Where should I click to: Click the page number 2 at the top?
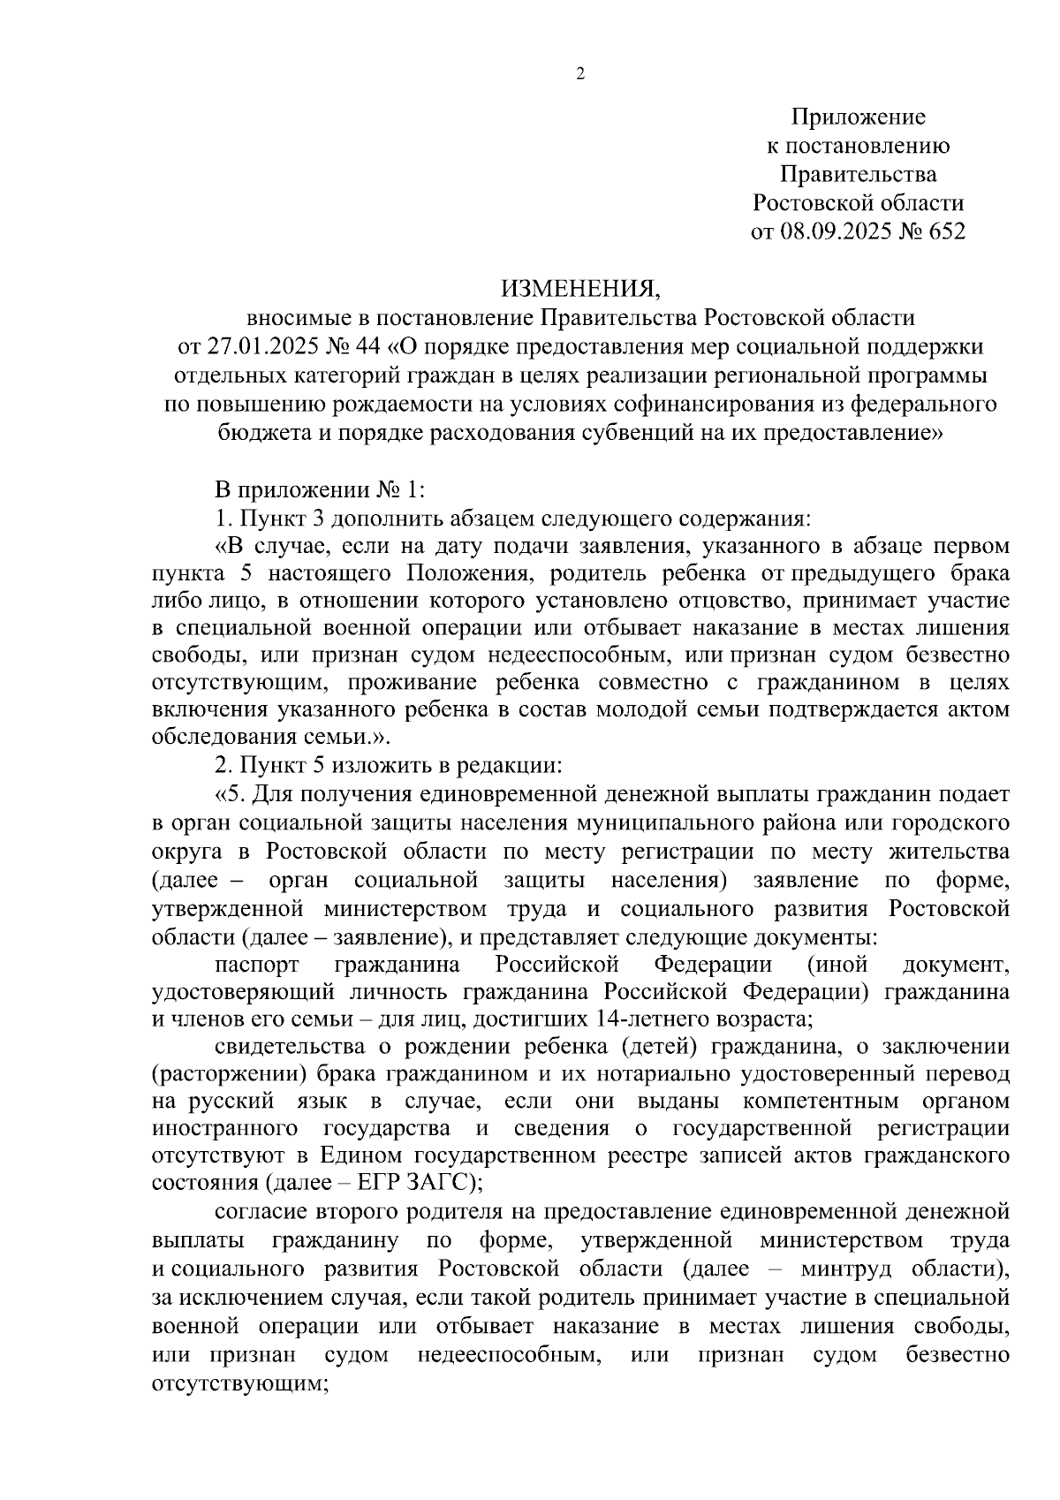(x=580, y=75)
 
